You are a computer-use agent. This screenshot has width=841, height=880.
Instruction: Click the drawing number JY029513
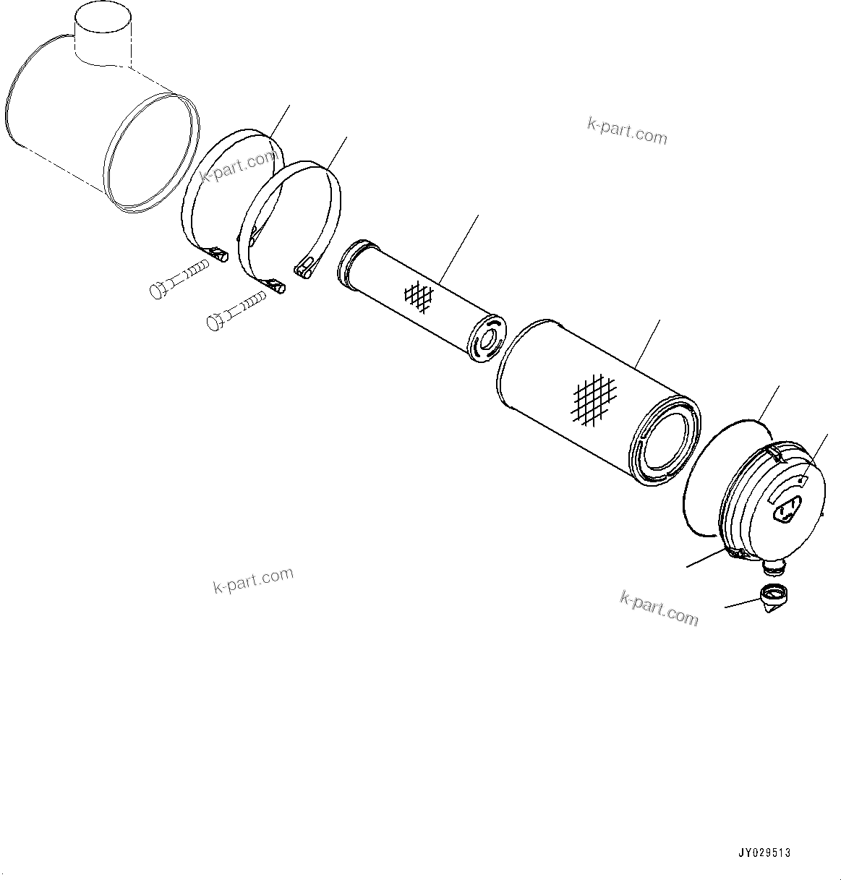coord(764,853)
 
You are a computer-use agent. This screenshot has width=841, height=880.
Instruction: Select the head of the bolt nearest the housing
coord(157,291)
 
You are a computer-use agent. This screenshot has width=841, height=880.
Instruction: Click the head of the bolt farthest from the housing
coord(214,322)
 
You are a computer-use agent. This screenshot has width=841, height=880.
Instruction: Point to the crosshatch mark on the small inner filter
coord(419,294)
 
